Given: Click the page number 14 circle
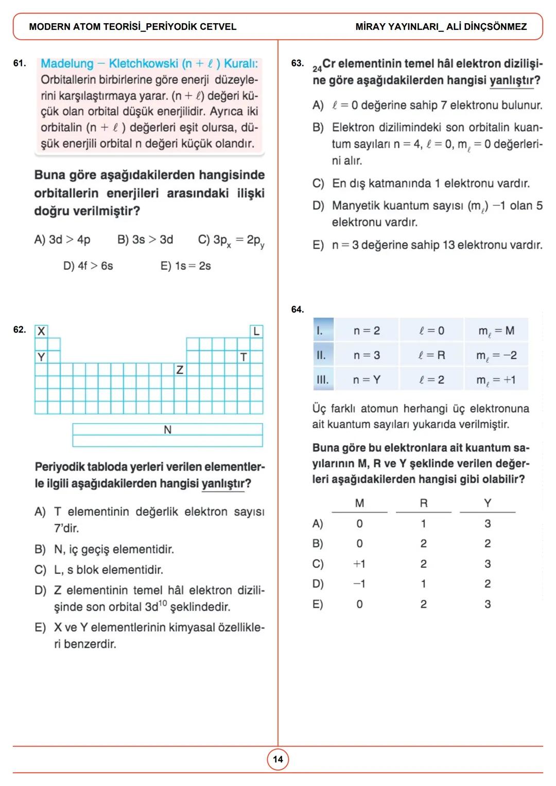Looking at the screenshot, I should point(278,759).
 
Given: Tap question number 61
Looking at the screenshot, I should point(20,63).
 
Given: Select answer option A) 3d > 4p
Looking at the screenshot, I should point(62,240).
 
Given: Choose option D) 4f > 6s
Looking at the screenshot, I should point(88,266).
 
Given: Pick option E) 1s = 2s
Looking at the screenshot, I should point(185,266).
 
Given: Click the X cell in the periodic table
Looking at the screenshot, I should point(41,331).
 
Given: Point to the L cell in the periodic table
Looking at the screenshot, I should point(256,331).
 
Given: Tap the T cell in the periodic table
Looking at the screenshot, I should point(244,357).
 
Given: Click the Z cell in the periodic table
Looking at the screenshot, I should point(180,370).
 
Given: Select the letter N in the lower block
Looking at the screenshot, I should point(167,430).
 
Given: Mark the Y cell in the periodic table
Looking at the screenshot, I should point(41,357).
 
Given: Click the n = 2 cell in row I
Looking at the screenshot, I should point(367,330).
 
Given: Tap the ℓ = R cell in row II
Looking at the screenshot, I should point(432,355).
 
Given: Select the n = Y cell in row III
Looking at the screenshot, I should point(367,380).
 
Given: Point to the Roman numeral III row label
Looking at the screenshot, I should point(322,380).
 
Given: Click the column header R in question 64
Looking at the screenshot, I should point(424,503).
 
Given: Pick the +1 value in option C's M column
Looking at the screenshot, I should point(359,564).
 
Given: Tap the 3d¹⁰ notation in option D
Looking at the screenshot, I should point(155,607).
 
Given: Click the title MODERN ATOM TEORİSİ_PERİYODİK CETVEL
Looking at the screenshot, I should point(133,27).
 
